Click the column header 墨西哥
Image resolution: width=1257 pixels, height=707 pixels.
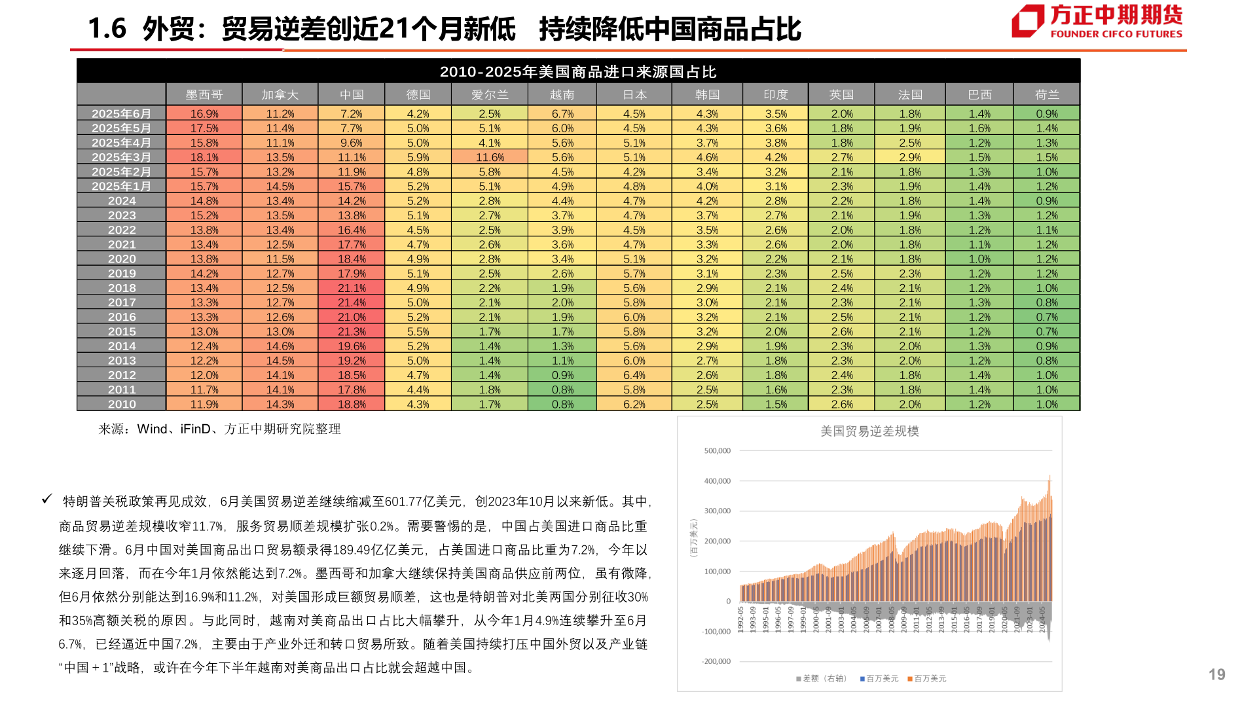tap(204, 95)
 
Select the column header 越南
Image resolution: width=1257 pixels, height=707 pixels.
tap(562, 95)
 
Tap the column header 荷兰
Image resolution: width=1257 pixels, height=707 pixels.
tap(1046, 95)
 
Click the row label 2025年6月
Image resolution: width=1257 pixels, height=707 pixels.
tap(122, 114)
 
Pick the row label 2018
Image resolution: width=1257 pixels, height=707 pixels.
tap(122, 288)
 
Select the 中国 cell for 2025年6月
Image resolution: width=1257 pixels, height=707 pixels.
tap(352, 114)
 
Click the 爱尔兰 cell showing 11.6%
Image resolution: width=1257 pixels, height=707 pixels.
tap(490, 158)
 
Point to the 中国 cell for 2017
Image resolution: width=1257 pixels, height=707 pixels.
tap(352, 302)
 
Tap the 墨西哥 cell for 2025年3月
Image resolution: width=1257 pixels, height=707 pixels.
tap(204, 158)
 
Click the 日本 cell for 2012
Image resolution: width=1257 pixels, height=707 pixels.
tap(634, 375)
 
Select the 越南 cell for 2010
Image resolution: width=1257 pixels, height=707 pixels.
tap(562, 405)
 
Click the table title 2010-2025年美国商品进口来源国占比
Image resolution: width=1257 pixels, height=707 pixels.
tap(578, 71)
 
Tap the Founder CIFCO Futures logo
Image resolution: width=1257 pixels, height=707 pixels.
tap(1097, 22)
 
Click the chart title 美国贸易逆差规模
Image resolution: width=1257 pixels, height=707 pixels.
tap(869, 431)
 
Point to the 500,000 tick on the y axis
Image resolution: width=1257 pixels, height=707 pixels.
tap(717, 451)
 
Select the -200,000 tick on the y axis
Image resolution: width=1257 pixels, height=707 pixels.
tap(716, 662)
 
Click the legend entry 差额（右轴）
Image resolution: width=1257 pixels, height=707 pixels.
tap(822, 679)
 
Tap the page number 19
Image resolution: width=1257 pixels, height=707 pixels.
tap(1216, 675)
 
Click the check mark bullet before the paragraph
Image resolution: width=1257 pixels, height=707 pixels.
tap(46, 499)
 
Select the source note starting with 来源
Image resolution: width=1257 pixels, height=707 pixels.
tap(219, 429)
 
